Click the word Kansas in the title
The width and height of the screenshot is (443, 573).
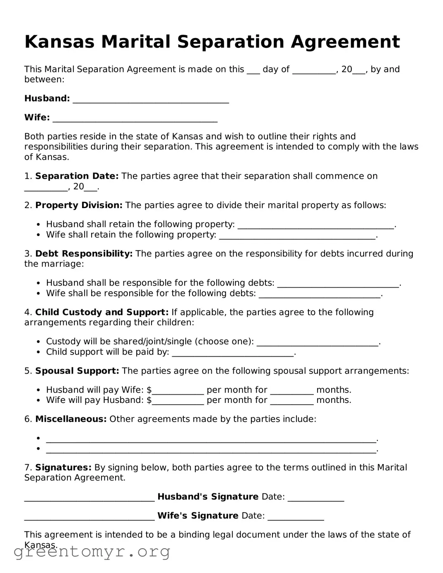(60, 42)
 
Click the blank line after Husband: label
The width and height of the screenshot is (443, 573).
(151, 99)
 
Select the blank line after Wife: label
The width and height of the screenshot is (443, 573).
(135, 118)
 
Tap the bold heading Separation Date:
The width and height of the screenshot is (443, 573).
(77, 176)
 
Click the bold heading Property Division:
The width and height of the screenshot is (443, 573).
(79, 206)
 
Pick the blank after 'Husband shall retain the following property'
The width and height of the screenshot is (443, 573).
(316, 225)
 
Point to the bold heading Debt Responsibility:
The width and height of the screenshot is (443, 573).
(84, 254)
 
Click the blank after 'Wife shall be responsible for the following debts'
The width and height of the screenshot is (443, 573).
(319, 294)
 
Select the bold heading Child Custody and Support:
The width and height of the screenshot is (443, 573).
(102, 313)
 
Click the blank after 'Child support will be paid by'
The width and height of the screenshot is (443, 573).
(232, 353)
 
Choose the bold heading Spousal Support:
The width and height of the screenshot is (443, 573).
(77, 371)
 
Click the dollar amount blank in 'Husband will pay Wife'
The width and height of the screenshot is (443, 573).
(178, 391)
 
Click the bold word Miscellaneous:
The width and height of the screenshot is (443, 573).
(71, 419)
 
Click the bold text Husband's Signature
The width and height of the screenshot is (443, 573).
(208, 497)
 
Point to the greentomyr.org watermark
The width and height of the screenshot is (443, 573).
(92, 552)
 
